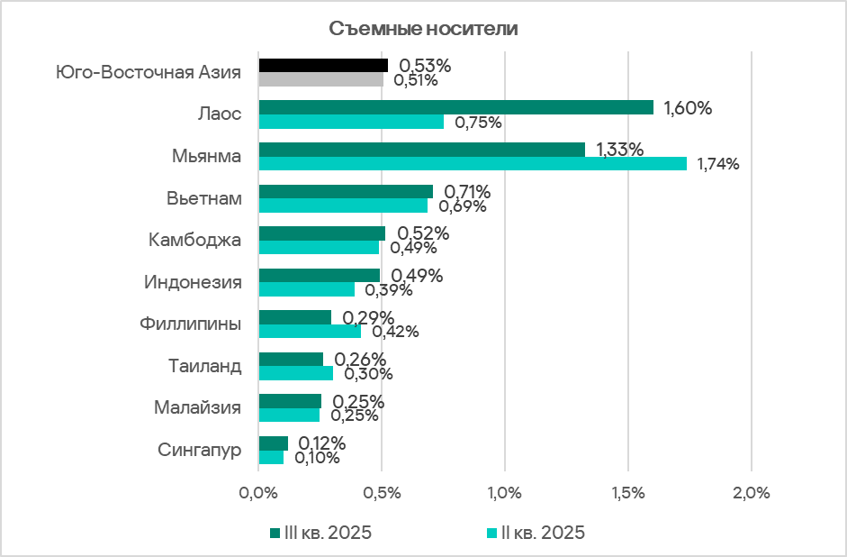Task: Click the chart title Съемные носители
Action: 423,28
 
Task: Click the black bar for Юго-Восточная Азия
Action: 323,65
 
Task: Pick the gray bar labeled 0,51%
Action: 321,79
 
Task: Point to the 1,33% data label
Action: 619,150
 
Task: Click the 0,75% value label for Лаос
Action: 478,123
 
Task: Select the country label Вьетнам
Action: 204,198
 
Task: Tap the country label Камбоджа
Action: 195,241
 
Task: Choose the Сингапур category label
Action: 200,450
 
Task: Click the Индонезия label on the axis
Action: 193,282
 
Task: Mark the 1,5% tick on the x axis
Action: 628,494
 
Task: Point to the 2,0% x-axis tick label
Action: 752,494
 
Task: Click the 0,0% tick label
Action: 258,494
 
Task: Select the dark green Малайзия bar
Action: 290,401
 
